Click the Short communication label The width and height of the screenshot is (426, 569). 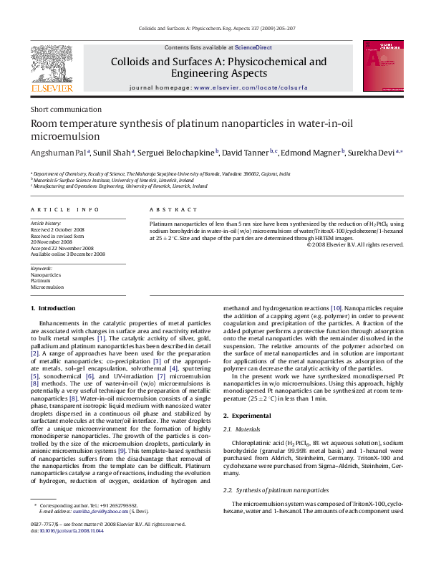click(x=66, y=110)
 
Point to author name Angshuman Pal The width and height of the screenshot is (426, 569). click(x=58, y=153)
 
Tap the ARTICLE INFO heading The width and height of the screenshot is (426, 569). click(x=64, y=209)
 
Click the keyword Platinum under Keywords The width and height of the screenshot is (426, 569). click(x=40, y=281)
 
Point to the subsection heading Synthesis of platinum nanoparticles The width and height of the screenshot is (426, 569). click(x=281, y=489)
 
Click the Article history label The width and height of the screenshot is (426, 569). click(x=46, y=224)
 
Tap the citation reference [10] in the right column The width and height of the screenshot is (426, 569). click(x=337, y=307)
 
